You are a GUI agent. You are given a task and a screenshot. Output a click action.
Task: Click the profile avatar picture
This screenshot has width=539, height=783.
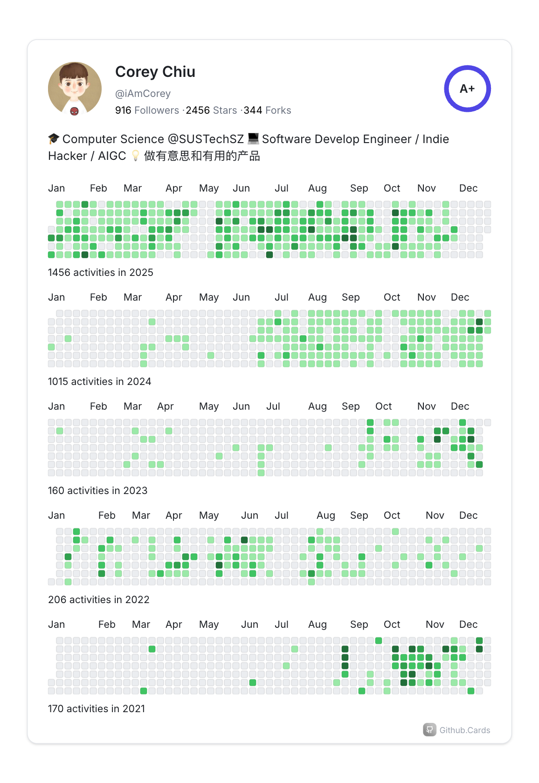[x=75, y=89]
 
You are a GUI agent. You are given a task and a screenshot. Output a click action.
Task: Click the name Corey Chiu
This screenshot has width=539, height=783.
[x=155, y=72]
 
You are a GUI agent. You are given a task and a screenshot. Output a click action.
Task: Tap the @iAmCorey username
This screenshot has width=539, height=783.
[x=143, y=94]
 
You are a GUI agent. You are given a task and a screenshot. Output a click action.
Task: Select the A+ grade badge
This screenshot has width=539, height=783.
[x=467, y=89]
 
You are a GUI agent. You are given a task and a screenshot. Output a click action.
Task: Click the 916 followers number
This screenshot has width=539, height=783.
[x=123, y=110]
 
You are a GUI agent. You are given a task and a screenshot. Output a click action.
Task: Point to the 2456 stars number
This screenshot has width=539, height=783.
[x=198, y=110]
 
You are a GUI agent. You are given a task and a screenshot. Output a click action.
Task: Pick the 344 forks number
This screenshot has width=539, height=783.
[x=253, y=110]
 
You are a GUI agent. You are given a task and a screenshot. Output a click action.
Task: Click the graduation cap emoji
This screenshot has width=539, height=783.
[x=54, y=139]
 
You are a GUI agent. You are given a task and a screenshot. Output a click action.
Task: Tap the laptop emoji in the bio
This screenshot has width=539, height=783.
[x=253, y=138]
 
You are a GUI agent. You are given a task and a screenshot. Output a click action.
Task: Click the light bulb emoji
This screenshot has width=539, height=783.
[x=135, y=156]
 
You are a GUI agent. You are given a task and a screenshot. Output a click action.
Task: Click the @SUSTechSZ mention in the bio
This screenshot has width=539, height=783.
[x=206, y=139]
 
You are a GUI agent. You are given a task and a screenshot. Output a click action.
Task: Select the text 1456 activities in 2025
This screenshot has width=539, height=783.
[x=100, y=273]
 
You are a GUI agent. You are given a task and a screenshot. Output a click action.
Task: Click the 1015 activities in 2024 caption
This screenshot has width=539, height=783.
[x=99, y=382]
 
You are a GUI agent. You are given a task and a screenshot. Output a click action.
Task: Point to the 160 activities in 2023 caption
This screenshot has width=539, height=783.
[x=97, y=491]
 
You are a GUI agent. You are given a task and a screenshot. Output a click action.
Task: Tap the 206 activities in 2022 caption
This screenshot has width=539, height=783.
[x=98, y=600]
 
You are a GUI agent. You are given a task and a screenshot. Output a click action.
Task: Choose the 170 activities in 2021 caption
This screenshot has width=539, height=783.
[x=96, y=709]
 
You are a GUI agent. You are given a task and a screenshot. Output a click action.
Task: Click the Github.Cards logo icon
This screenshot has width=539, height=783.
[x=429, y=730]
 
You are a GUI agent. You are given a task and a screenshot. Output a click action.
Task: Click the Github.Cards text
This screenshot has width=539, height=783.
[x=464, y=730]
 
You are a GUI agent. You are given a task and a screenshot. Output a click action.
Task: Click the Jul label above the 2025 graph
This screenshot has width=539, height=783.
[x=281, y=188]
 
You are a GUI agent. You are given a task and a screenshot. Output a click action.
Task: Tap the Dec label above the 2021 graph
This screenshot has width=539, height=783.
[x=468, y=625]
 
